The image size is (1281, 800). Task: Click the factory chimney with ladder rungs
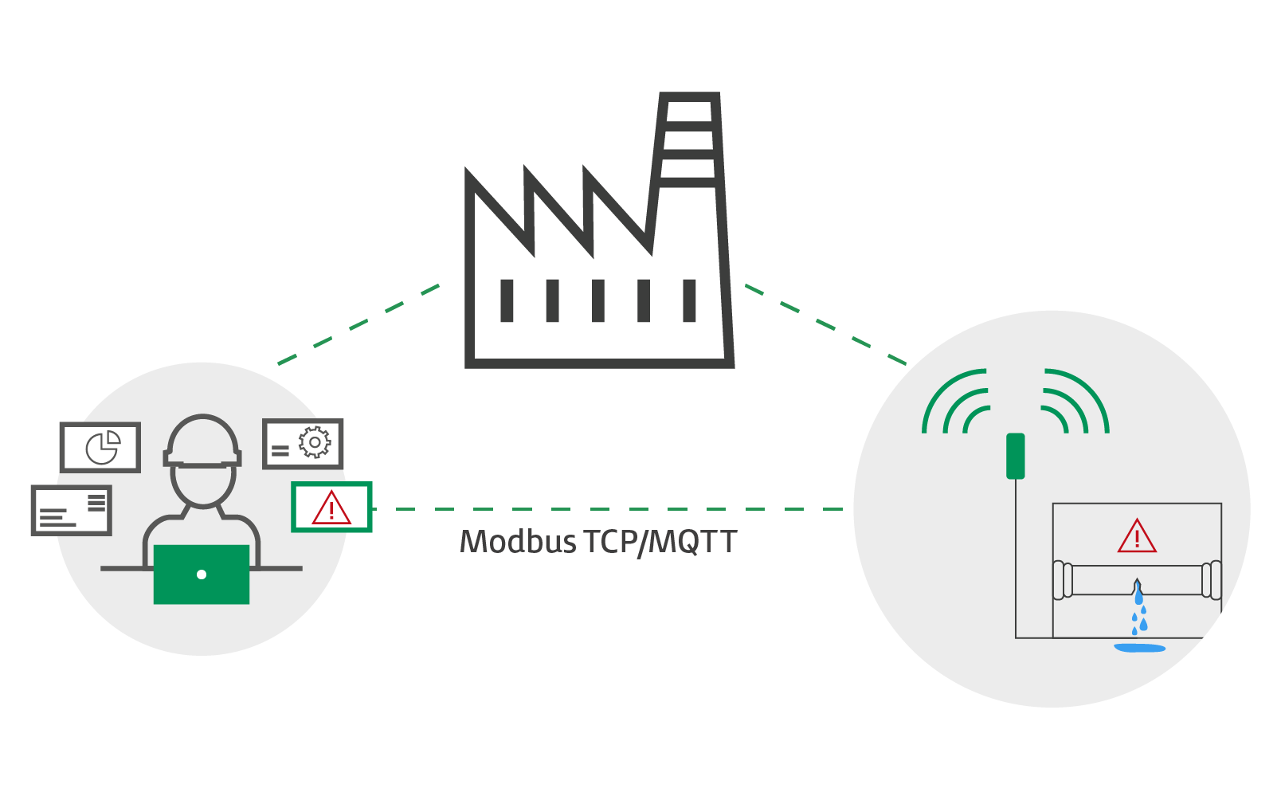[x=690, y=143]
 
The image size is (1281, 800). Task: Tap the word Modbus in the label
[x=518, y=543]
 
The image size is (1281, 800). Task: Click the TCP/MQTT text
[x=660, y=543]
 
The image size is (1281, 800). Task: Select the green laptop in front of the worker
[x=202, y=574]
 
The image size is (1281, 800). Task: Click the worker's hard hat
[x=202, y=441]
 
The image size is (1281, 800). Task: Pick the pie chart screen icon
[x=100, y=447]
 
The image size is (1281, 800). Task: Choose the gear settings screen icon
[x=303, y=443]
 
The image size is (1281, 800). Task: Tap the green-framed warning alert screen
[x=331, y=507]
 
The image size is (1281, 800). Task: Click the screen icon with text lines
[x=71, y=510]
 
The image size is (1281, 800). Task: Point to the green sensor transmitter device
[x=1015, y=456]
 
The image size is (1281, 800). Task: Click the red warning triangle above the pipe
[x=1137, y=536]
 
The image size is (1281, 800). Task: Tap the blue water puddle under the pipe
[x=1139, y=648]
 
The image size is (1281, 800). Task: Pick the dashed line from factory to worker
[x=358, y=324]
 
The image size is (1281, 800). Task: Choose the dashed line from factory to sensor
[x=825, y=325]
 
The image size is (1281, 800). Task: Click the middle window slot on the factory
[x=598, y=300]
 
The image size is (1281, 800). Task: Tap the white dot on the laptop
[x=202, y=575]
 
